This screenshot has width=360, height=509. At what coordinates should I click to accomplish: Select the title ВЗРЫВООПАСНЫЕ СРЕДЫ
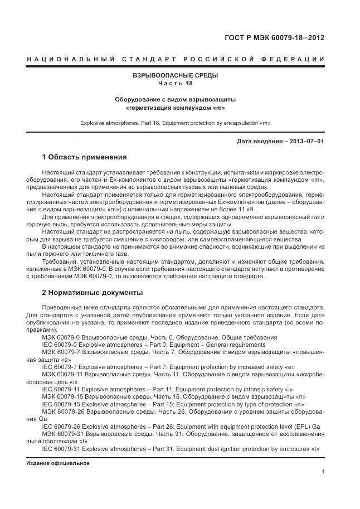click(175, 75)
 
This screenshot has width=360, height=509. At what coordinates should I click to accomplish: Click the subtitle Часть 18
click(175, 83)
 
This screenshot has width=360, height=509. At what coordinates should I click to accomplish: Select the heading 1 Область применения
click(84, 157)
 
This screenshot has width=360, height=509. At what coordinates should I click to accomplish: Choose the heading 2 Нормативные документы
click(92, 292)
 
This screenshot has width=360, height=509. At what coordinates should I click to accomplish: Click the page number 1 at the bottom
click(323, 472)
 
